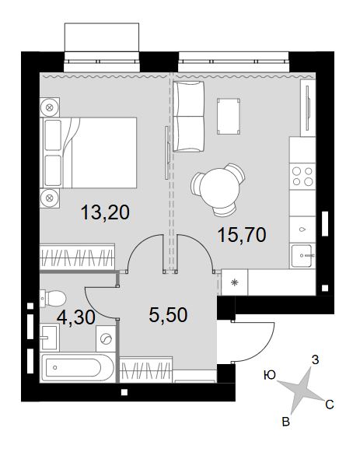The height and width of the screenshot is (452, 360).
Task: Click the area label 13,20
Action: (x=105, y=212)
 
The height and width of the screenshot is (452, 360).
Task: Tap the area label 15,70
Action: (x=242, y=234)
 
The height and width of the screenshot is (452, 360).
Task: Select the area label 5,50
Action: (x=168, y=314)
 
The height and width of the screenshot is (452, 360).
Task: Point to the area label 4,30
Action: (x=76, y=317)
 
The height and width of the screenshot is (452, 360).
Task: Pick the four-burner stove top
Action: (x=302, y=177)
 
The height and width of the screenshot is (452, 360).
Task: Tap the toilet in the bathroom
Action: (x=53, y=298)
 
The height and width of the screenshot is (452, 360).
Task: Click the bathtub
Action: (x=77, y=367)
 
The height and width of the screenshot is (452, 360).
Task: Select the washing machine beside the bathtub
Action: (x=106, y=338)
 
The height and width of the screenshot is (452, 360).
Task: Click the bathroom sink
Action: (x=50, y=338)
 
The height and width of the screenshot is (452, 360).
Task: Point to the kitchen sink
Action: (x=302, y=256)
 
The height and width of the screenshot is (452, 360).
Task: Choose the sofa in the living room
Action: (x=189, y=116)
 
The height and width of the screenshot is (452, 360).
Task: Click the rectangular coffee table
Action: (x=229, y=116)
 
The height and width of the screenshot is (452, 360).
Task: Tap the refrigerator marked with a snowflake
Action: (x=235, y=282)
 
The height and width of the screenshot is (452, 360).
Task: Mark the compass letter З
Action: (x=316, y=360)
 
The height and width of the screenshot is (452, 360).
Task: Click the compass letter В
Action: (x=285, y=422)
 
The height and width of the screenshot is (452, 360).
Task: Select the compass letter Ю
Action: (x=270, y=375)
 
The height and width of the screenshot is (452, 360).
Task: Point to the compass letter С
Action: (x=330, y=405)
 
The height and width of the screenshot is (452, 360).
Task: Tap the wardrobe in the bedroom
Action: (x=77, y=257)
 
